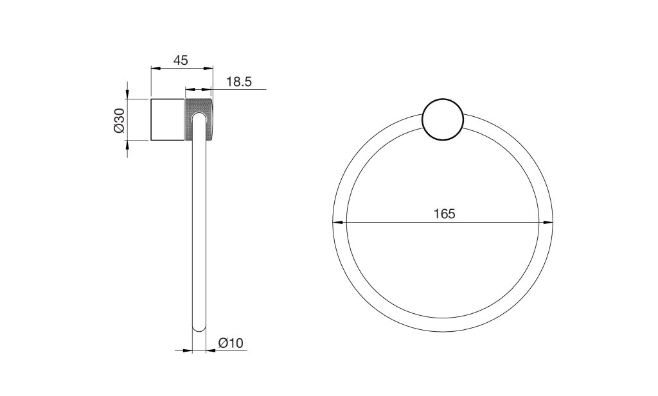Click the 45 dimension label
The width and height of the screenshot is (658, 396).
pyautogui.click(x=181, y=60)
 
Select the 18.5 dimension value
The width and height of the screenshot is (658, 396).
pyautogui.click(x=239, y=82)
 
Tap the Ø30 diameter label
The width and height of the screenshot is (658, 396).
pyautogui.click(x=119, y=120)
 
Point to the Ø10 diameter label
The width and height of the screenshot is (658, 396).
pyautogui.click(x=231, y=343)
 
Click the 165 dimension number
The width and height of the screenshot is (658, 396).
pyautogui.click(x=445, y=214)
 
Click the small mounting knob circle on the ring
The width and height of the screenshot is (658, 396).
pyautogui.click(x=443, y=120)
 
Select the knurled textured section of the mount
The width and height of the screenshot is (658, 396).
pyautogui.click(x=199, y=119)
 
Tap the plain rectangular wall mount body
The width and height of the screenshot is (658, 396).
pyautogui.click(x=168, y=119)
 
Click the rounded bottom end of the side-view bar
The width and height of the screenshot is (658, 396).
pyautogui.click(x=199, y=327)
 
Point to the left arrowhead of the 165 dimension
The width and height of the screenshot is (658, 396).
pyautogui.click(x=338, y=223)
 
